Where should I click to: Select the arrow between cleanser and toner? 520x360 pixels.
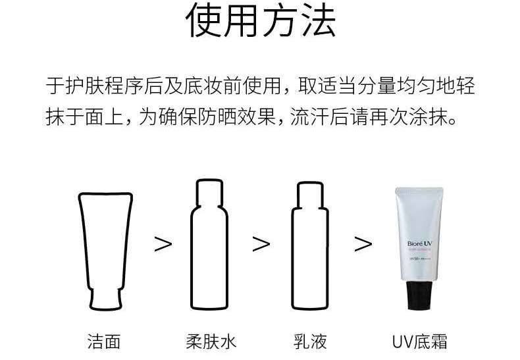tap(163, 244)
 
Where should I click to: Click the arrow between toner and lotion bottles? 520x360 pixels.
tap(261, 244)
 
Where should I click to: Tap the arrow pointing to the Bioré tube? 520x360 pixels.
tap(363, 244)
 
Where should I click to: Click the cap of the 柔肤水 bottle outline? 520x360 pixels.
tap(211, 191)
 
